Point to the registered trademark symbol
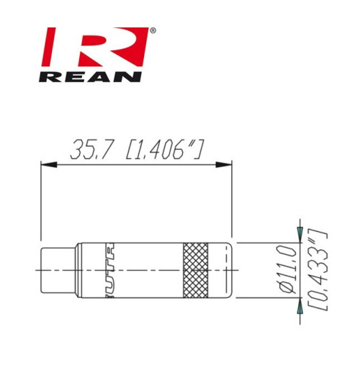[x=152, y=32]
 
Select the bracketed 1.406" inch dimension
[x=163, y=150]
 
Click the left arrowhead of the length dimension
[x=46, y=166]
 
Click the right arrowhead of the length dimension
[x=226, y=166]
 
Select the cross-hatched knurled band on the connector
[x=195, y=270]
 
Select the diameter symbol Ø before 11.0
[x=286, y=289]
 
